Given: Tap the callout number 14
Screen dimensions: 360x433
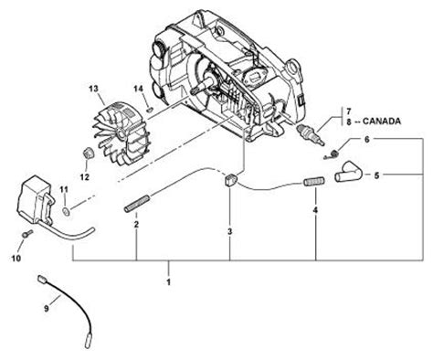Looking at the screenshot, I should (138, 89).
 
